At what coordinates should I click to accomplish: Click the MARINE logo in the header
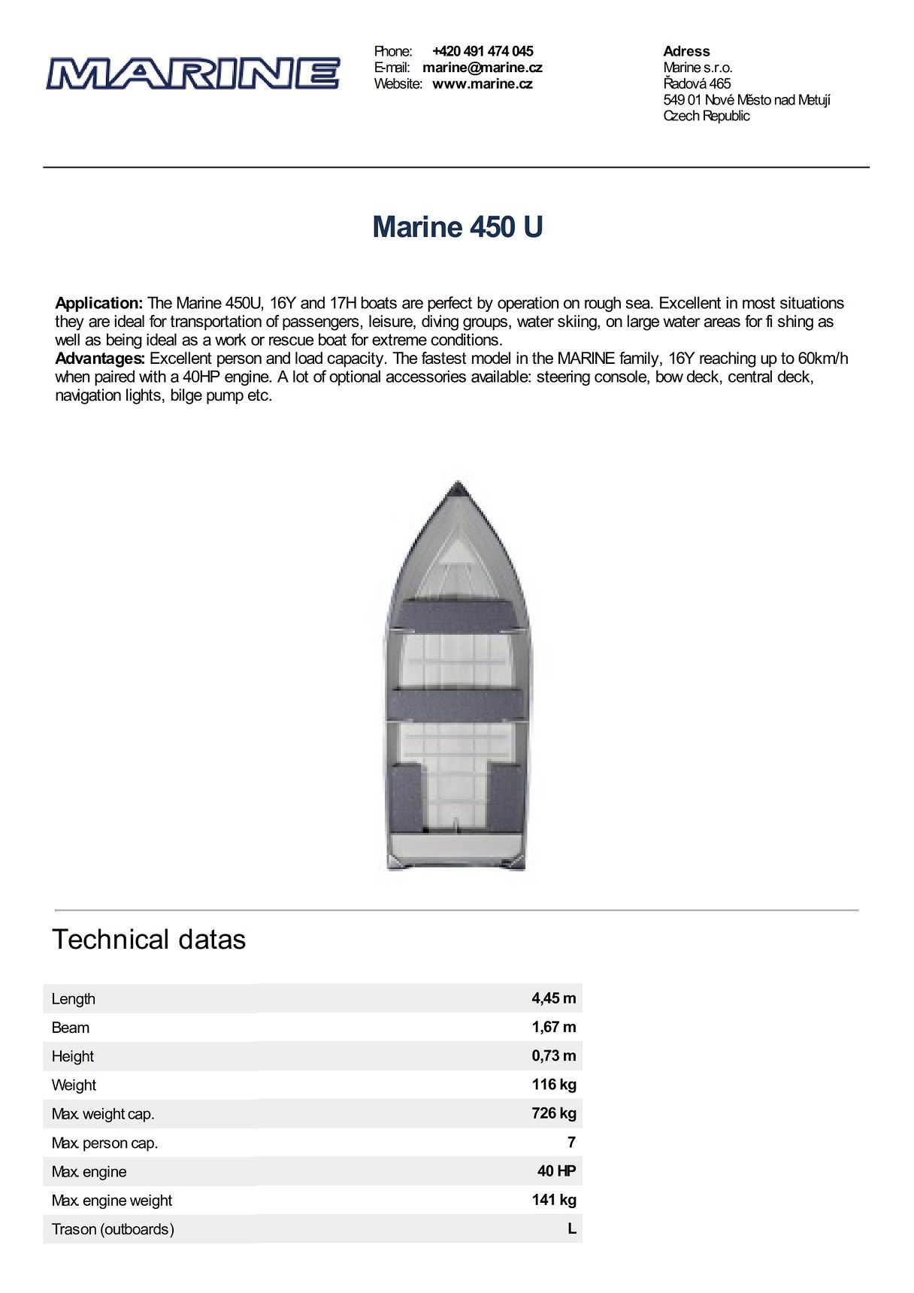click(x=192, y=74)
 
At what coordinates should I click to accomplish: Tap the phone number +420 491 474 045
click(x=483, y=51)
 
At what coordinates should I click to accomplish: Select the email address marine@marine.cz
click(x=482, y=68)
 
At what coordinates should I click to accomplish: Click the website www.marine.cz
click(x=482, y=84)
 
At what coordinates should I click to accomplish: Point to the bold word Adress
click(x=686, y=51)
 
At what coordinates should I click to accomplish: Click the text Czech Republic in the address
click(x=706, y=116)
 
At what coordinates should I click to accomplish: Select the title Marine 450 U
click(x=457, y=227)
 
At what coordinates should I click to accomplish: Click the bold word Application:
click(x=98, y=303)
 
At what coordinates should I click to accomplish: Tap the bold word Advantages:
click(x=100, y=359)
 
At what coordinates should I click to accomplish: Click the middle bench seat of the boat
click(x=457, y=704)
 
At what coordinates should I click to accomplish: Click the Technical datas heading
click(x=149, y=940)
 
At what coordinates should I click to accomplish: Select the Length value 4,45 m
click(x=553, y=998)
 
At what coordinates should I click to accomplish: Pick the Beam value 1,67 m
click(x=553, y=1027)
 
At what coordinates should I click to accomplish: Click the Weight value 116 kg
click(x=553, y=1084)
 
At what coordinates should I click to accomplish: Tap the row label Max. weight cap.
click(x=103, y=1114)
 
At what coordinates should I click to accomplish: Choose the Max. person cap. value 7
click(x=571, y=1142)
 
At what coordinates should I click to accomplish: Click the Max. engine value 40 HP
click(x=556, y=1170)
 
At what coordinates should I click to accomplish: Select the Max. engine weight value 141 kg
click(x=553, y=1200)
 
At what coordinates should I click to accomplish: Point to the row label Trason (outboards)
click(x=113, y=1229)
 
